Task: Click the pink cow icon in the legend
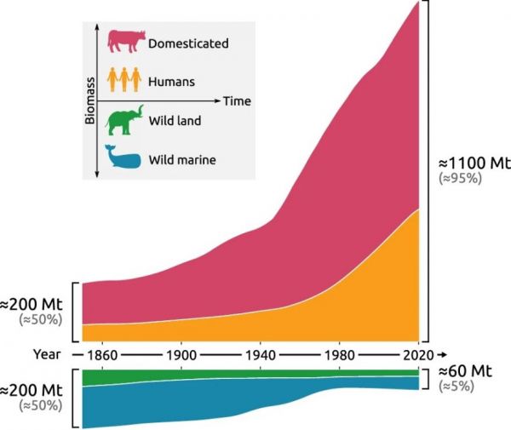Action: point(124,42)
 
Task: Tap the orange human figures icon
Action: point(123,81)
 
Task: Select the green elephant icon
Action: point(123,120)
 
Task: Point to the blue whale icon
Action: point(123,158)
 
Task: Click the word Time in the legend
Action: point(237,101)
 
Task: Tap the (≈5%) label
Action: point(458,387)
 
